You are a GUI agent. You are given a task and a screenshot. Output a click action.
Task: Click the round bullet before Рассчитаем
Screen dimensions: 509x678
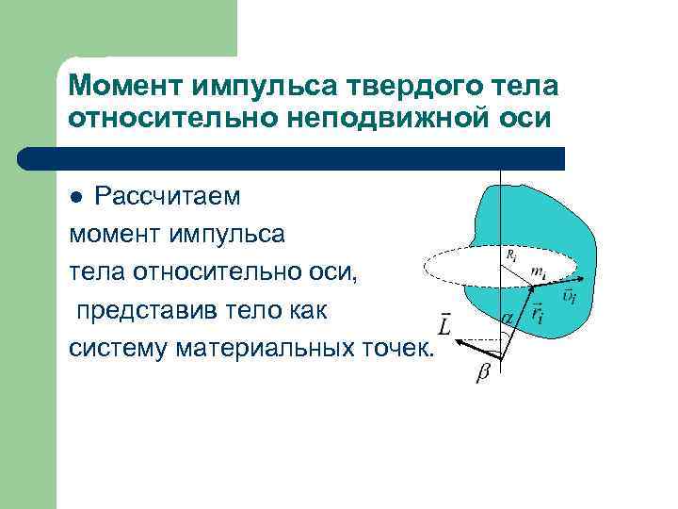(x=79, y=197)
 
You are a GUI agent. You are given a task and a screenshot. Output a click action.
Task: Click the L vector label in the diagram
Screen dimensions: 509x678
(x=445, y=325)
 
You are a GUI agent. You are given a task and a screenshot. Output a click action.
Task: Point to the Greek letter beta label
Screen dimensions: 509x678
(x=482, y=374)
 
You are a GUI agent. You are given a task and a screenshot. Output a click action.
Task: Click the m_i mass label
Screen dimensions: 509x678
(x=537, y=271)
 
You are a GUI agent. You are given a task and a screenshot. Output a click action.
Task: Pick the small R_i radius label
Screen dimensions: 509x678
(x=509, y=254)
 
